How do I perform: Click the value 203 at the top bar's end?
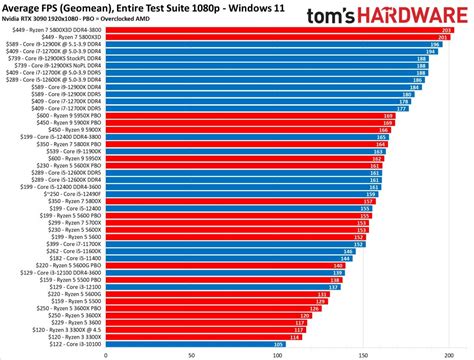click(446, 31)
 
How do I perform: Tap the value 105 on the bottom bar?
click(277, 344)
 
